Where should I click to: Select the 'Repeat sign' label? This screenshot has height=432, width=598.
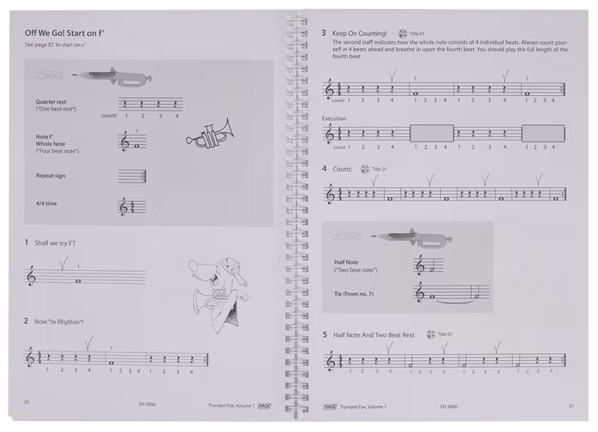51,175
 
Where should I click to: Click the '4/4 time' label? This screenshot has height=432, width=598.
45,203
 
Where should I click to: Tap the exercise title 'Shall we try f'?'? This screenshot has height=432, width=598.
56,243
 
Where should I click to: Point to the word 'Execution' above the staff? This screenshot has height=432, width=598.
334,117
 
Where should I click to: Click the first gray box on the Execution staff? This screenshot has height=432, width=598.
431,133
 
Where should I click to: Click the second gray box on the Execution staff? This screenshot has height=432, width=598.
542,133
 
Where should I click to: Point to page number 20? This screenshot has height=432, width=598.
27,405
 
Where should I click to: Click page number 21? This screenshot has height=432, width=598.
570,405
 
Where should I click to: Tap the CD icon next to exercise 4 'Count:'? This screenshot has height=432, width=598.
365,169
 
